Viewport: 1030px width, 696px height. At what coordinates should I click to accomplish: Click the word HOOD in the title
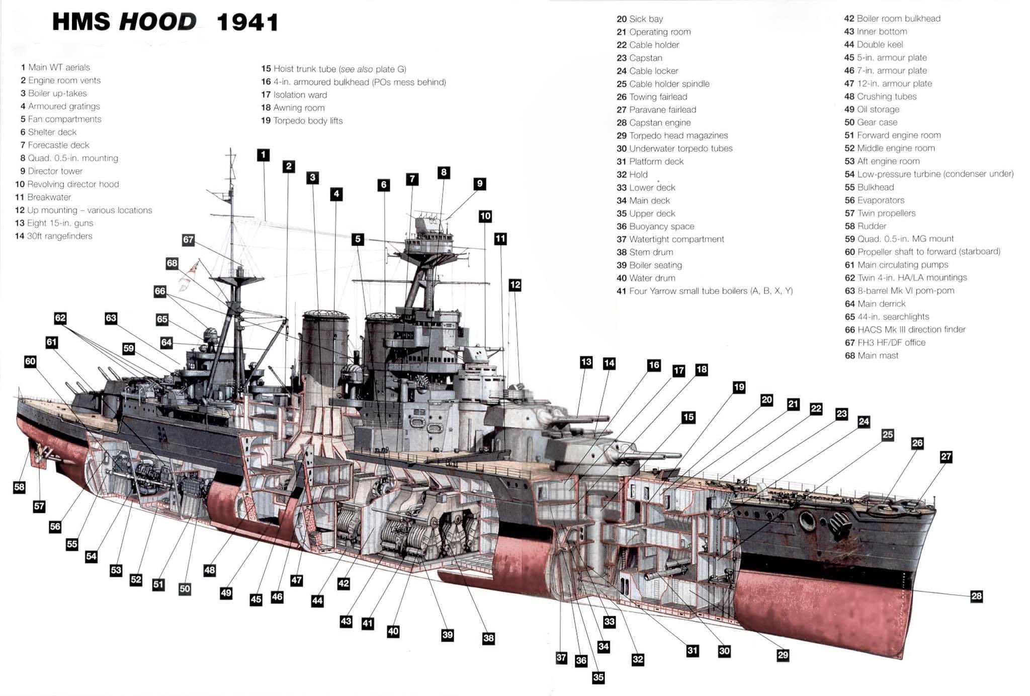pyautogui.click(x=157, y=22)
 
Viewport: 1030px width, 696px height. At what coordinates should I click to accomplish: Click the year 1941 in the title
pyautogui.click(x=247, y=23)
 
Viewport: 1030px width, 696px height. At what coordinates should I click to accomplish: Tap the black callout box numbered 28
pyautogui.click(x=976, y=596)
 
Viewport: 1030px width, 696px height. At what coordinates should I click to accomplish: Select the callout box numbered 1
pyautogui.click(x=263, y=155)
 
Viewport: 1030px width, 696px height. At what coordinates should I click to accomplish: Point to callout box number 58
pyautogui.click(x=19, y=487)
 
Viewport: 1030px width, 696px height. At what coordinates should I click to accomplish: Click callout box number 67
pyautogui.click(x=188, y=240)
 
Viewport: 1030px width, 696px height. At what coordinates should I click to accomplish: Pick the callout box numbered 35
pyautogui.click(x=598, y=677)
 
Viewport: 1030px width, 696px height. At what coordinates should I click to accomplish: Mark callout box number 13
pyautogui.click(x=586, y=362)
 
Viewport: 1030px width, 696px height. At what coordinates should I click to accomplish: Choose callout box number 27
pyautogui.click(x=946, y=456)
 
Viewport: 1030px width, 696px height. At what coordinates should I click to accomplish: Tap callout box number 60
pyautogui.click(x=30, y=361)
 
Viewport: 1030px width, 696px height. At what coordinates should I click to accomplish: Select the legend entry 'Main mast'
pyautogui.click(x=878, y=356)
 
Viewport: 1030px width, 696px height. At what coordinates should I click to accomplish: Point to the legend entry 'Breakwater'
pyautogui.click(x=49, y=197)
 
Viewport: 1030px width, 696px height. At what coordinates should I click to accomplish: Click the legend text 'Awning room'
pyautogui.click(x=299, y=108)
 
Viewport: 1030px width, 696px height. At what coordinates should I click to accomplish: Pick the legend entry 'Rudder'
pyautogui.click(x=872, y=226)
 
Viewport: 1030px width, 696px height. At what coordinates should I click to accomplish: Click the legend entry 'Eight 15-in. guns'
pyautogui.click(x=60, y=223)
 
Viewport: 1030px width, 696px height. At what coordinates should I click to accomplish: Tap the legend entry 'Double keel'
pyautogui.click(x=880, y=44)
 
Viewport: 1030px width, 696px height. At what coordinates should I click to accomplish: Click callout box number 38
pyautogui.click(x=488, y=638)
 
